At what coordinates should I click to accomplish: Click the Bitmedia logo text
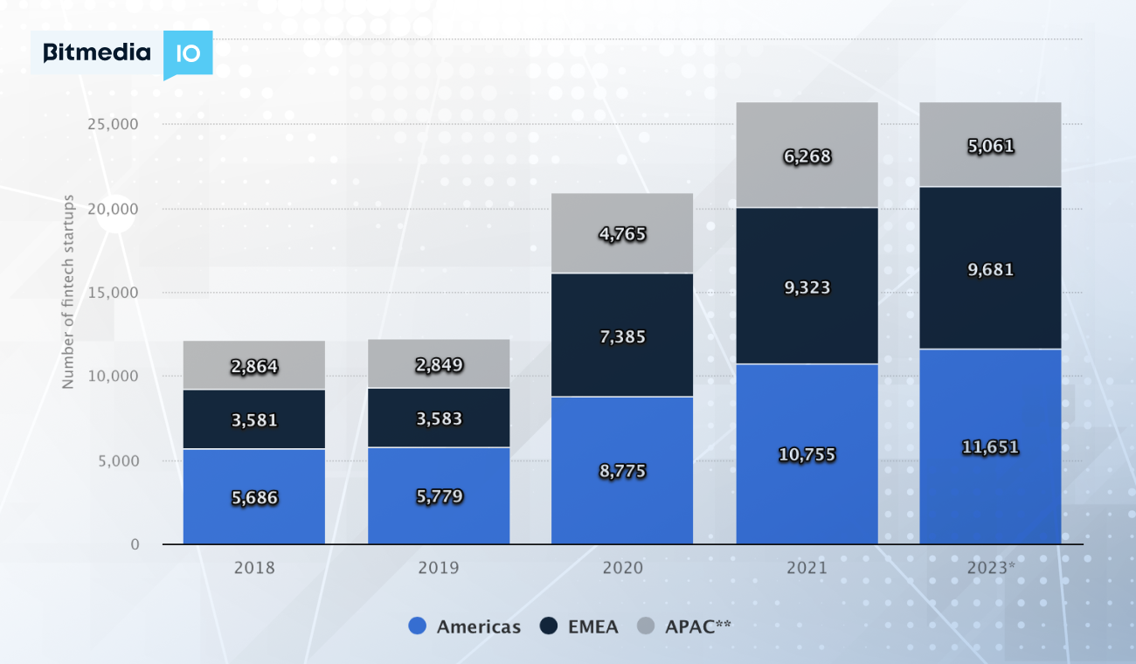click(x=96, y=53)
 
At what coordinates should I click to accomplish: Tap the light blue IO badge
click(x=188, y=53)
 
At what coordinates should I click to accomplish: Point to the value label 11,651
click(x=990, y=447)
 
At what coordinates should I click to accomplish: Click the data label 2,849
click(x=439, y=365)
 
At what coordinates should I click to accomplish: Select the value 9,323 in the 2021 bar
click(x=807, y=287)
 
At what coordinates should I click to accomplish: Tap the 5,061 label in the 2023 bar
click(x=990, y=147)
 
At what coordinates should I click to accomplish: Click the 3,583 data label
click(x=439, y=419)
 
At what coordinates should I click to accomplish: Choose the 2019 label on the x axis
click(x=439, y=568)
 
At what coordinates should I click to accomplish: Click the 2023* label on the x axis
click(x=991, y=568)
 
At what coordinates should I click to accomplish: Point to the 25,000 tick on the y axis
click(x=114, y=124)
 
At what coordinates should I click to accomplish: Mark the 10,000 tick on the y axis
click(x=114, y=377)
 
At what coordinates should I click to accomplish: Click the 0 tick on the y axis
click(x=135, y=545)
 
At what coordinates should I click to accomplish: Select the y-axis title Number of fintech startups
click(x=68, y=293)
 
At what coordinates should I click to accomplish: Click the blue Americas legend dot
click(x=418, y=626)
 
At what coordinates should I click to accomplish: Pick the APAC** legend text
click(x=697, y=626)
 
